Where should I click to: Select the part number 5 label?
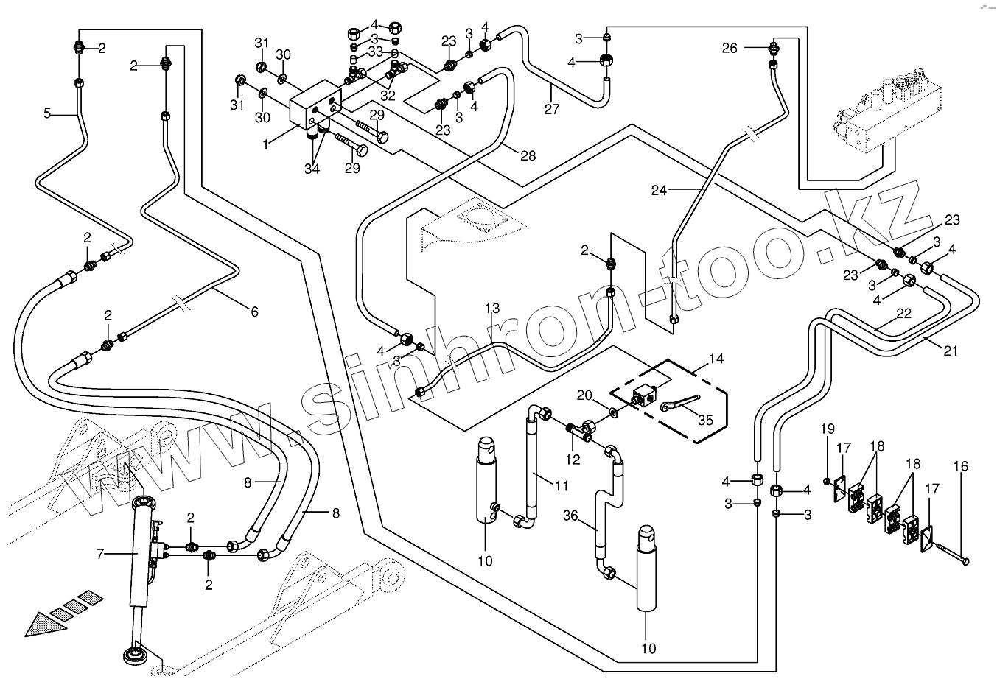(x=48, y=113)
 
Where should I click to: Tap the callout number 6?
(x=254, y=312)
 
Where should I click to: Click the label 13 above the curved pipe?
(x=492, y=307)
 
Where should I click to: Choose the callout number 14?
(x=716, y=359)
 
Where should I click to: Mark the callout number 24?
(x=659, y=189)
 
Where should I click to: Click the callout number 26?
(x=729, y=49)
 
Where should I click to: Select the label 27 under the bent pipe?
(x=552, y=110)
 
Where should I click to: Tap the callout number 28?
(x=527, y=156)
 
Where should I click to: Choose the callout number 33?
(x=375, y=52)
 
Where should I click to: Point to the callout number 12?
(x=572, y=460)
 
